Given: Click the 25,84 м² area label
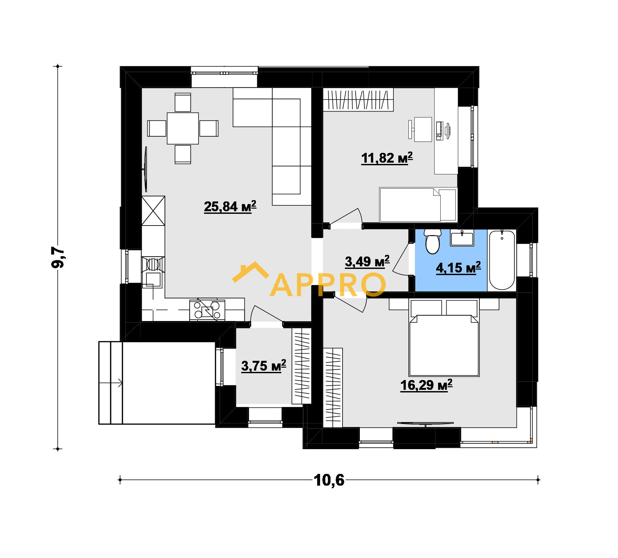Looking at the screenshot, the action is [230, 206].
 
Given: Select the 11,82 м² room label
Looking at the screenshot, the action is [387, 158].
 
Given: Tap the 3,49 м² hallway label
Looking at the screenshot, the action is [367, 262].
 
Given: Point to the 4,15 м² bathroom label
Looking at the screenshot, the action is [459, 268].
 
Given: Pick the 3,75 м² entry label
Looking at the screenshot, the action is [264, 366].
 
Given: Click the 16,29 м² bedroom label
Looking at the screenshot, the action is [426, 385].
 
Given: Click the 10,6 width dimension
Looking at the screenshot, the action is [329, 480].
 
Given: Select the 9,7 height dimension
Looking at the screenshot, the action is [58, 257].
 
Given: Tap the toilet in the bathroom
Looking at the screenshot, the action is [433, 241].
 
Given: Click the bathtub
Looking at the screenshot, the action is [502, 260].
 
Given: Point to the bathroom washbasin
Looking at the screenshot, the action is [462, 238].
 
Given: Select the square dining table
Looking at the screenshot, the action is [183, 128].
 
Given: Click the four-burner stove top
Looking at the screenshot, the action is [207, 310].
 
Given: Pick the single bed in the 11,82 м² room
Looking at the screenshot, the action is [418, 205].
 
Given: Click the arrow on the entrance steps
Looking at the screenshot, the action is [111, 383].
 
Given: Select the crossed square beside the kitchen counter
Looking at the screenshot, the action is [153, 211].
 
